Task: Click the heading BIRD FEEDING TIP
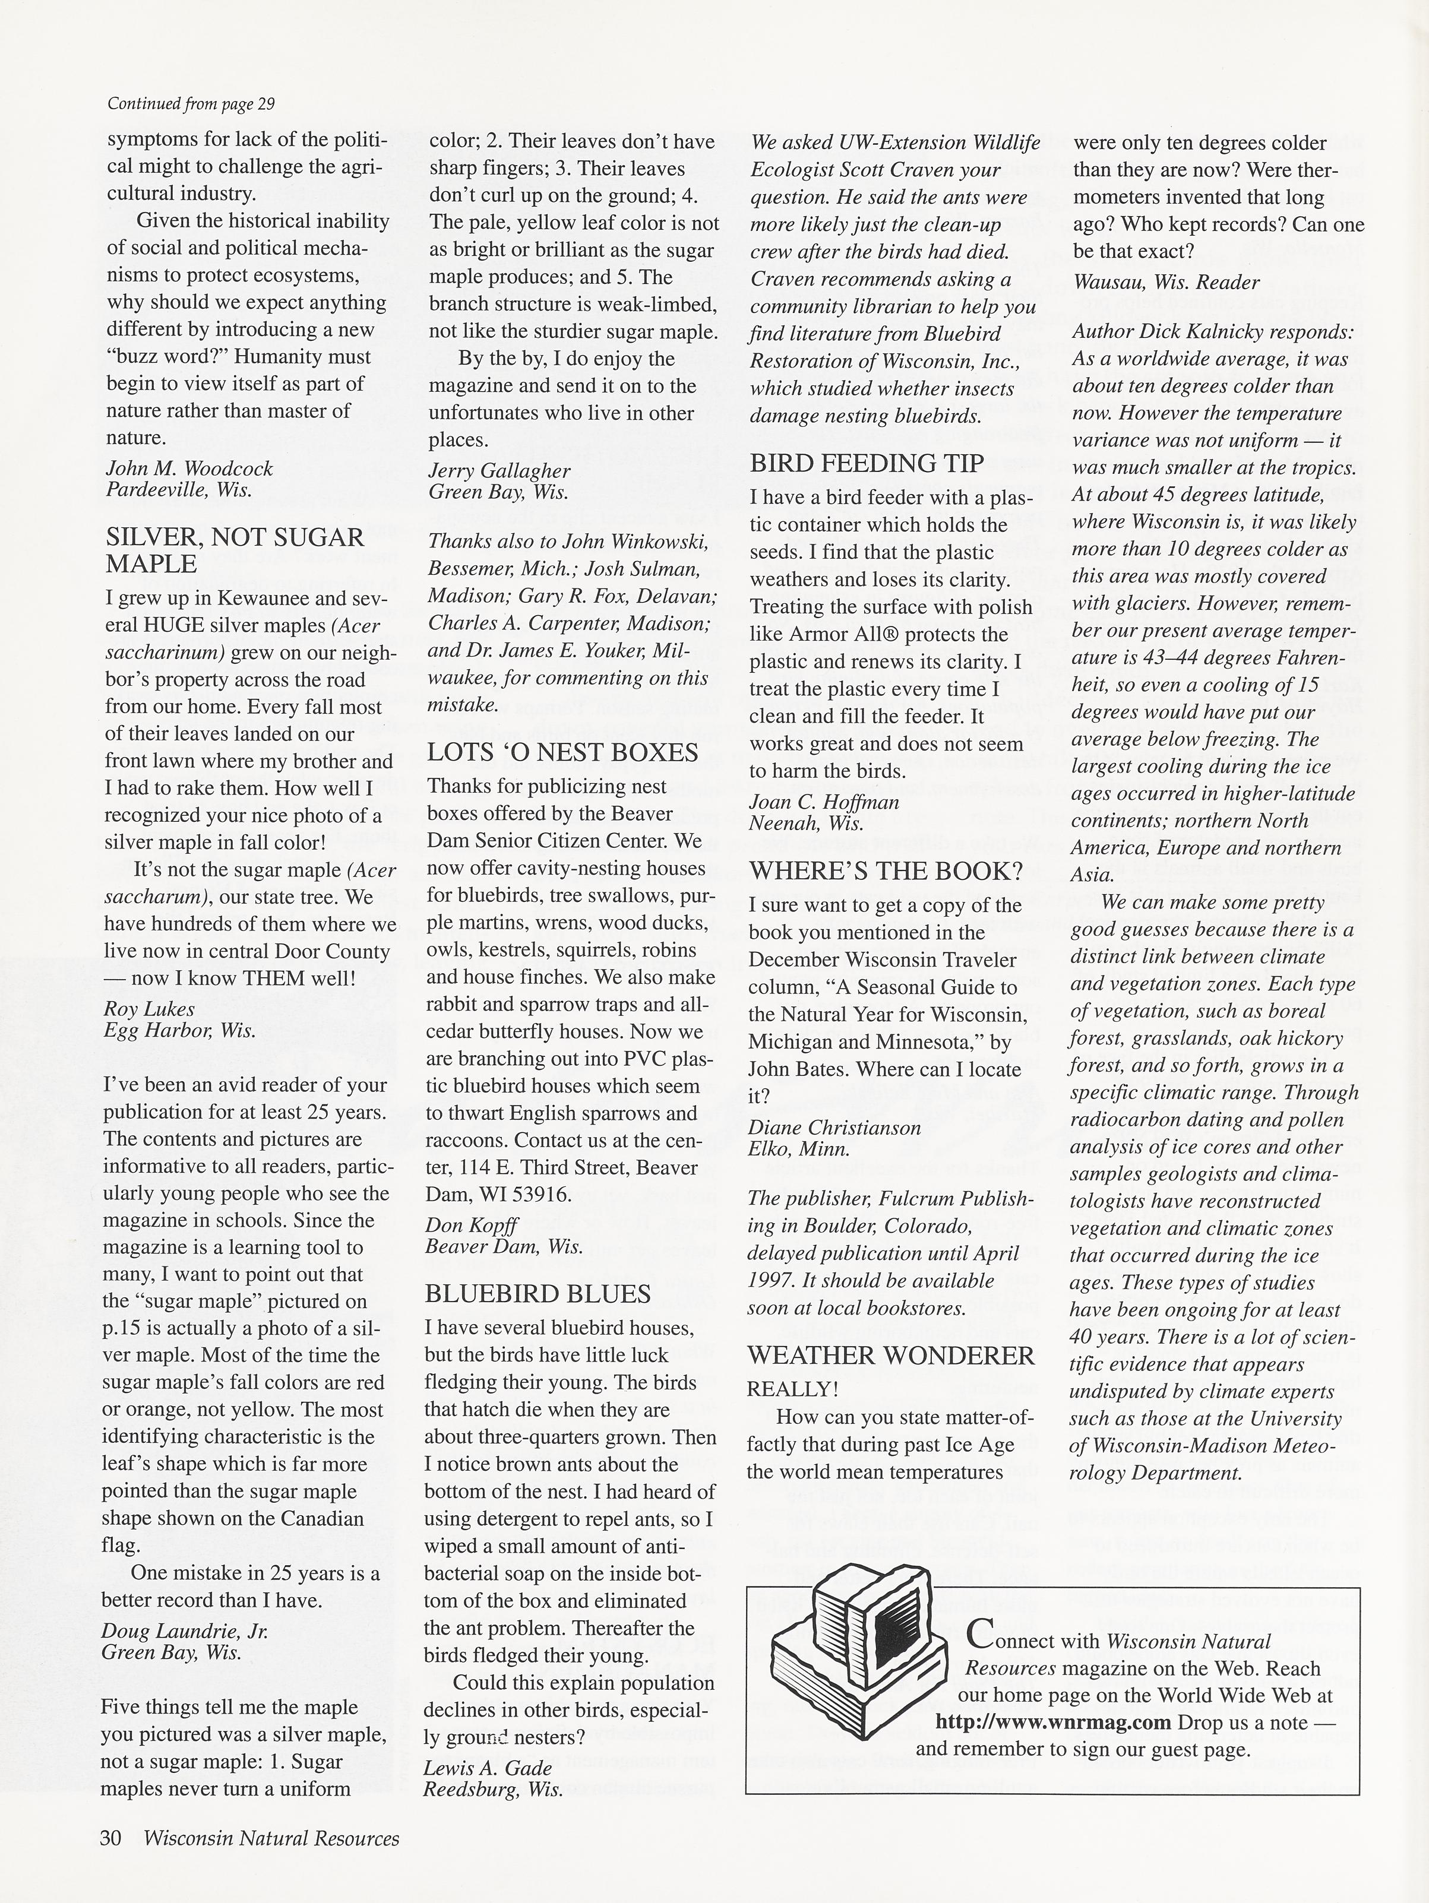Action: (867, 464)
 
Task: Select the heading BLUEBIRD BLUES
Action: (538, 1294)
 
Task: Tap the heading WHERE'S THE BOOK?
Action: (886, 872)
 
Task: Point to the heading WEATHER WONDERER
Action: (890, 1356)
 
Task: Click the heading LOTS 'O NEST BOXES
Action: (562, 753)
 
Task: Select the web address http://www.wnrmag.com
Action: (1053, 1722)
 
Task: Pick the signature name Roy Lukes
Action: (150, 1009)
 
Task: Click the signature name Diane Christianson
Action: (834, 1127)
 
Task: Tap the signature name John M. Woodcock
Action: (189, 469)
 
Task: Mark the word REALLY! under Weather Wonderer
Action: (792, 1389)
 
